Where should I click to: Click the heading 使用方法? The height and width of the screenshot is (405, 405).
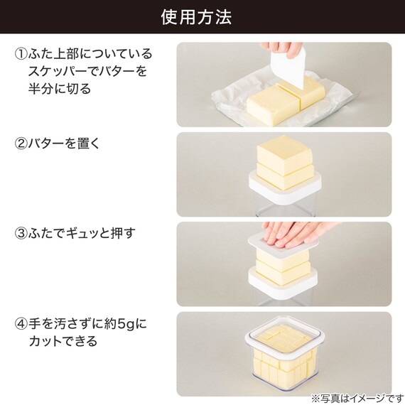point(202,17)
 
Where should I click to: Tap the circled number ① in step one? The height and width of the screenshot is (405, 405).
point(21,55)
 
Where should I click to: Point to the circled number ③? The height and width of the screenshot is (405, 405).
point(21,234)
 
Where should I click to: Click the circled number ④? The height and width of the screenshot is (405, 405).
point(21,323)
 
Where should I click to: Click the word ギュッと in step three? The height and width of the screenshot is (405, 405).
point(83,234)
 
